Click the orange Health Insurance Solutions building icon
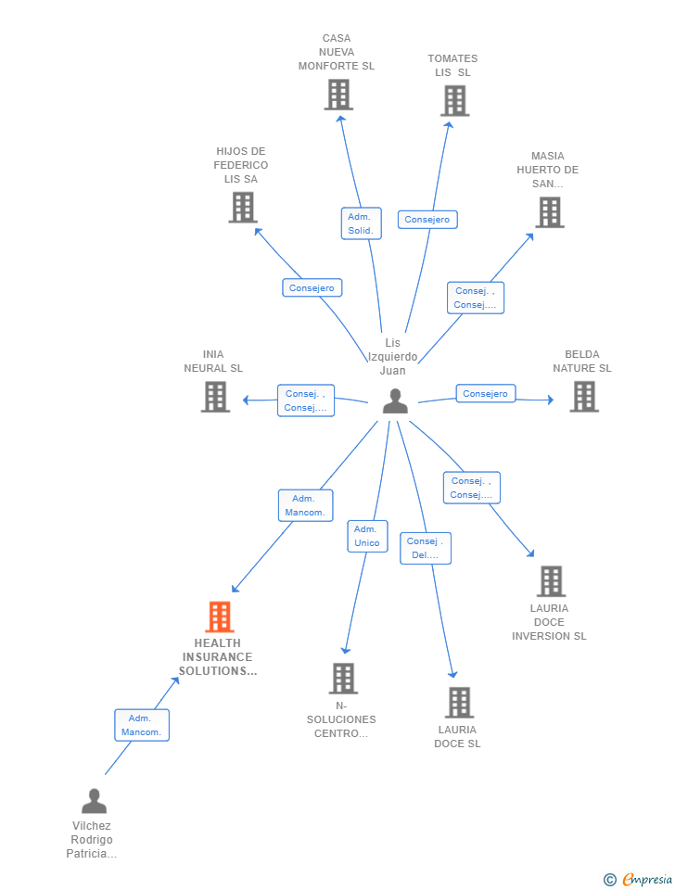[x=219, y=617]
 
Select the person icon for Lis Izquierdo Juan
[x=395, y=401]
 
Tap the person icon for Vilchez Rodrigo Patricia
[x=94, y=801]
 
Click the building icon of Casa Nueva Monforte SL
[x=338, y=95]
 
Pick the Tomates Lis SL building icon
[x=454, y=101]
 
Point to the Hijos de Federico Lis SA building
[x=243, y=208]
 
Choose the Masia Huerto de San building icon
[x=549, y=212]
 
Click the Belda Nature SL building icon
[x=583, y=397]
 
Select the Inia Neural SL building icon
[x=215, y=397]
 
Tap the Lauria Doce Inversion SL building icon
[x=551, y=581]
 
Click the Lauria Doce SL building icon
[x=459, y=703]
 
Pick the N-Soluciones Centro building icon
[x=343, y=679]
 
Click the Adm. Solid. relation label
[x=361, y=223]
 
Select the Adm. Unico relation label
[x=367, y=536]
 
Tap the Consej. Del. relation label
[x=426, y=548]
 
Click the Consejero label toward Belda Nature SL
[x=485, y=394]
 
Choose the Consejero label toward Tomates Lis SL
[x=427, y=220]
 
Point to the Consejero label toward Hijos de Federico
[x=312, y=288]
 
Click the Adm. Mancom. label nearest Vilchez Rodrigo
[x=142, y=725]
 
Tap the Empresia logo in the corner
[x=638, y=879]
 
